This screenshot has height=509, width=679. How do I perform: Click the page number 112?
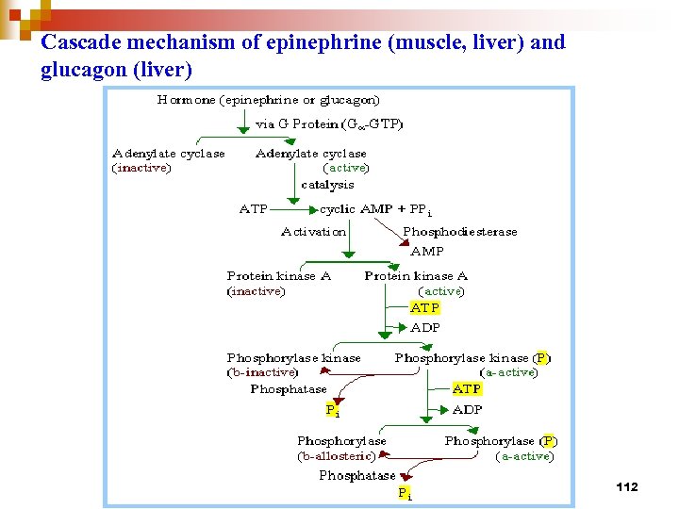(x=626, y=486)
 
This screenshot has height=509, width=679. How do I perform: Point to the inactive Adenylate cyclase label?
(x=169, y=154)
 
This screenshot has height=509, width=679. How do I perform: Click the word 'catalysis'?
(x=327, y=185)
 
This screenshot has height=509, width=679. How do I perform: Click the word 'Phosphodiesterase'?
(x=459, y=232)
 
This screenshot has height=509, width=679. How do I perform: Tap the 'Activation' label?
(x=313, y=232)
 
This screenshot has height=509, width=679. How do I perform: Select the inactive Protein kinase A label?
(x=279, y=276)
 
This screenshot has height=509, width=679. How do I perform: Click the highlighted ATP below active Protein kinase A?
(x=425, y=308)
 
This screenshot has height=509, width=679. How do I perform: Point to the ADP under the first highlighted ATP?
(x=425, y=328)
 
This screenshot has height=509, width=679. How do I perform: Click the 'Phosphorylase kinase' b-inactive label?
(x=293, y=358)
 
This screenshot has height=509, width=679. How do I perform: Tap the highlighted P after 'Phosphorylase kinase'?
(x=541, y=358)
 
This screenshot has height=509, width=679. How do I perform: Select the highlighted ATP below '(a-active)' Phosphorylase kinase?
(x=467, y=388)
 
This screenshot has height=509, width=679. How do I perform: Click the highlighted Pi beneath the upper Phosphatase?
(x=331, y=410)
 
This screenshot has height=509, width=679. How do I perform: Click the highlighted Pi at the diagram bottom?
(x=404, y=492)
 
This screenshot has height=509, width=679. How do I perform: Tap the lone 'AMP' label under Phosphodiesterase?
(x=426, y=252)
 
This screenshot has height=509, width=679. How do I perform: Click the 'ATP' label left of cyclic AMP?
(x=254, y=209)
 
